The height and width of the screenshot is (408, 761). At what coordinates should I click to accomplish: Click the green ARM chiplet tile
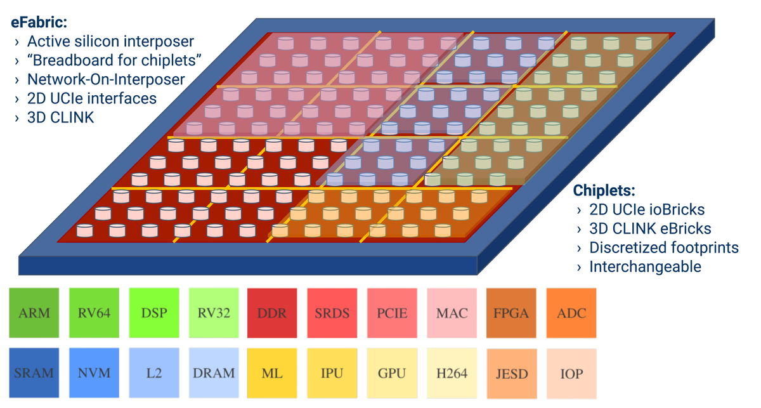click(34, 313)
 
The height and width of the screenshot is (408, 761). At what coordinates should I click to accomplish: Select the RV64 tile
click(94, 313)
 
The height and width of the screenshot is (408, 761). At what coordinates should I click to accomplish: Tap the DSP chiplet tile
click(153, 313)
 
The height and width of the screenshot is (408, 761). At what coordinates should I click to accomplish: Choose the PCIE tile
click(392, 313)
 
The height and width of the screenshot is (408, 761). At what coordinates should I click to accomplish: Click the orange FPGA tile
click(511, 313)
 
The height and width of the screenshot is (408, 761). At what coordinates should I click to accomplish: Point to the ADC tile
click(571, 313)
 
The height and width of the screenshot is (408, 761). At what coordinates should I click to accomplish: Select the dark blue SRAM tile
click(34, 372)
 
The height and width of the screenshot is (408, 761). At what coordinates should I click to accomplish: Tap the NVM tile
click(94, 372)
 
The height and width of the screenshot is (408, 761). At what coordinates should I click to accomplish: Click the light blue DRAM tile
click(213, 372)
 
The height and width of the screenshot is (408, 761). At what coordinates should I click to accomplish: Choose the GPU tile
click(392, 372)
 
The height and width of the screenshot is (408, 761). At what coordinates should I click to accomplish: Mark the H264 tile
click(452, 372)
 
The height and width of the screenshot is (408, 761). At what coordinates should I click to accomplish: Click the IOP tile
click(571, 372)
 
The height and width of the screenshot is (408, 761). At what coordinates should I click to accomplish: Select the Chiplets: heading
click(604, 190)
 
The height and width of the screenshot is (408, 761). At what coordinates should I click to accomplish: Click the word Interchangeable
click(645, 267)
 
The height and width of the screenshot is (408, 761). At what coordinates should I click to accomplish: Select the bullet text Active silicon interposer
click(110, 42)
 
